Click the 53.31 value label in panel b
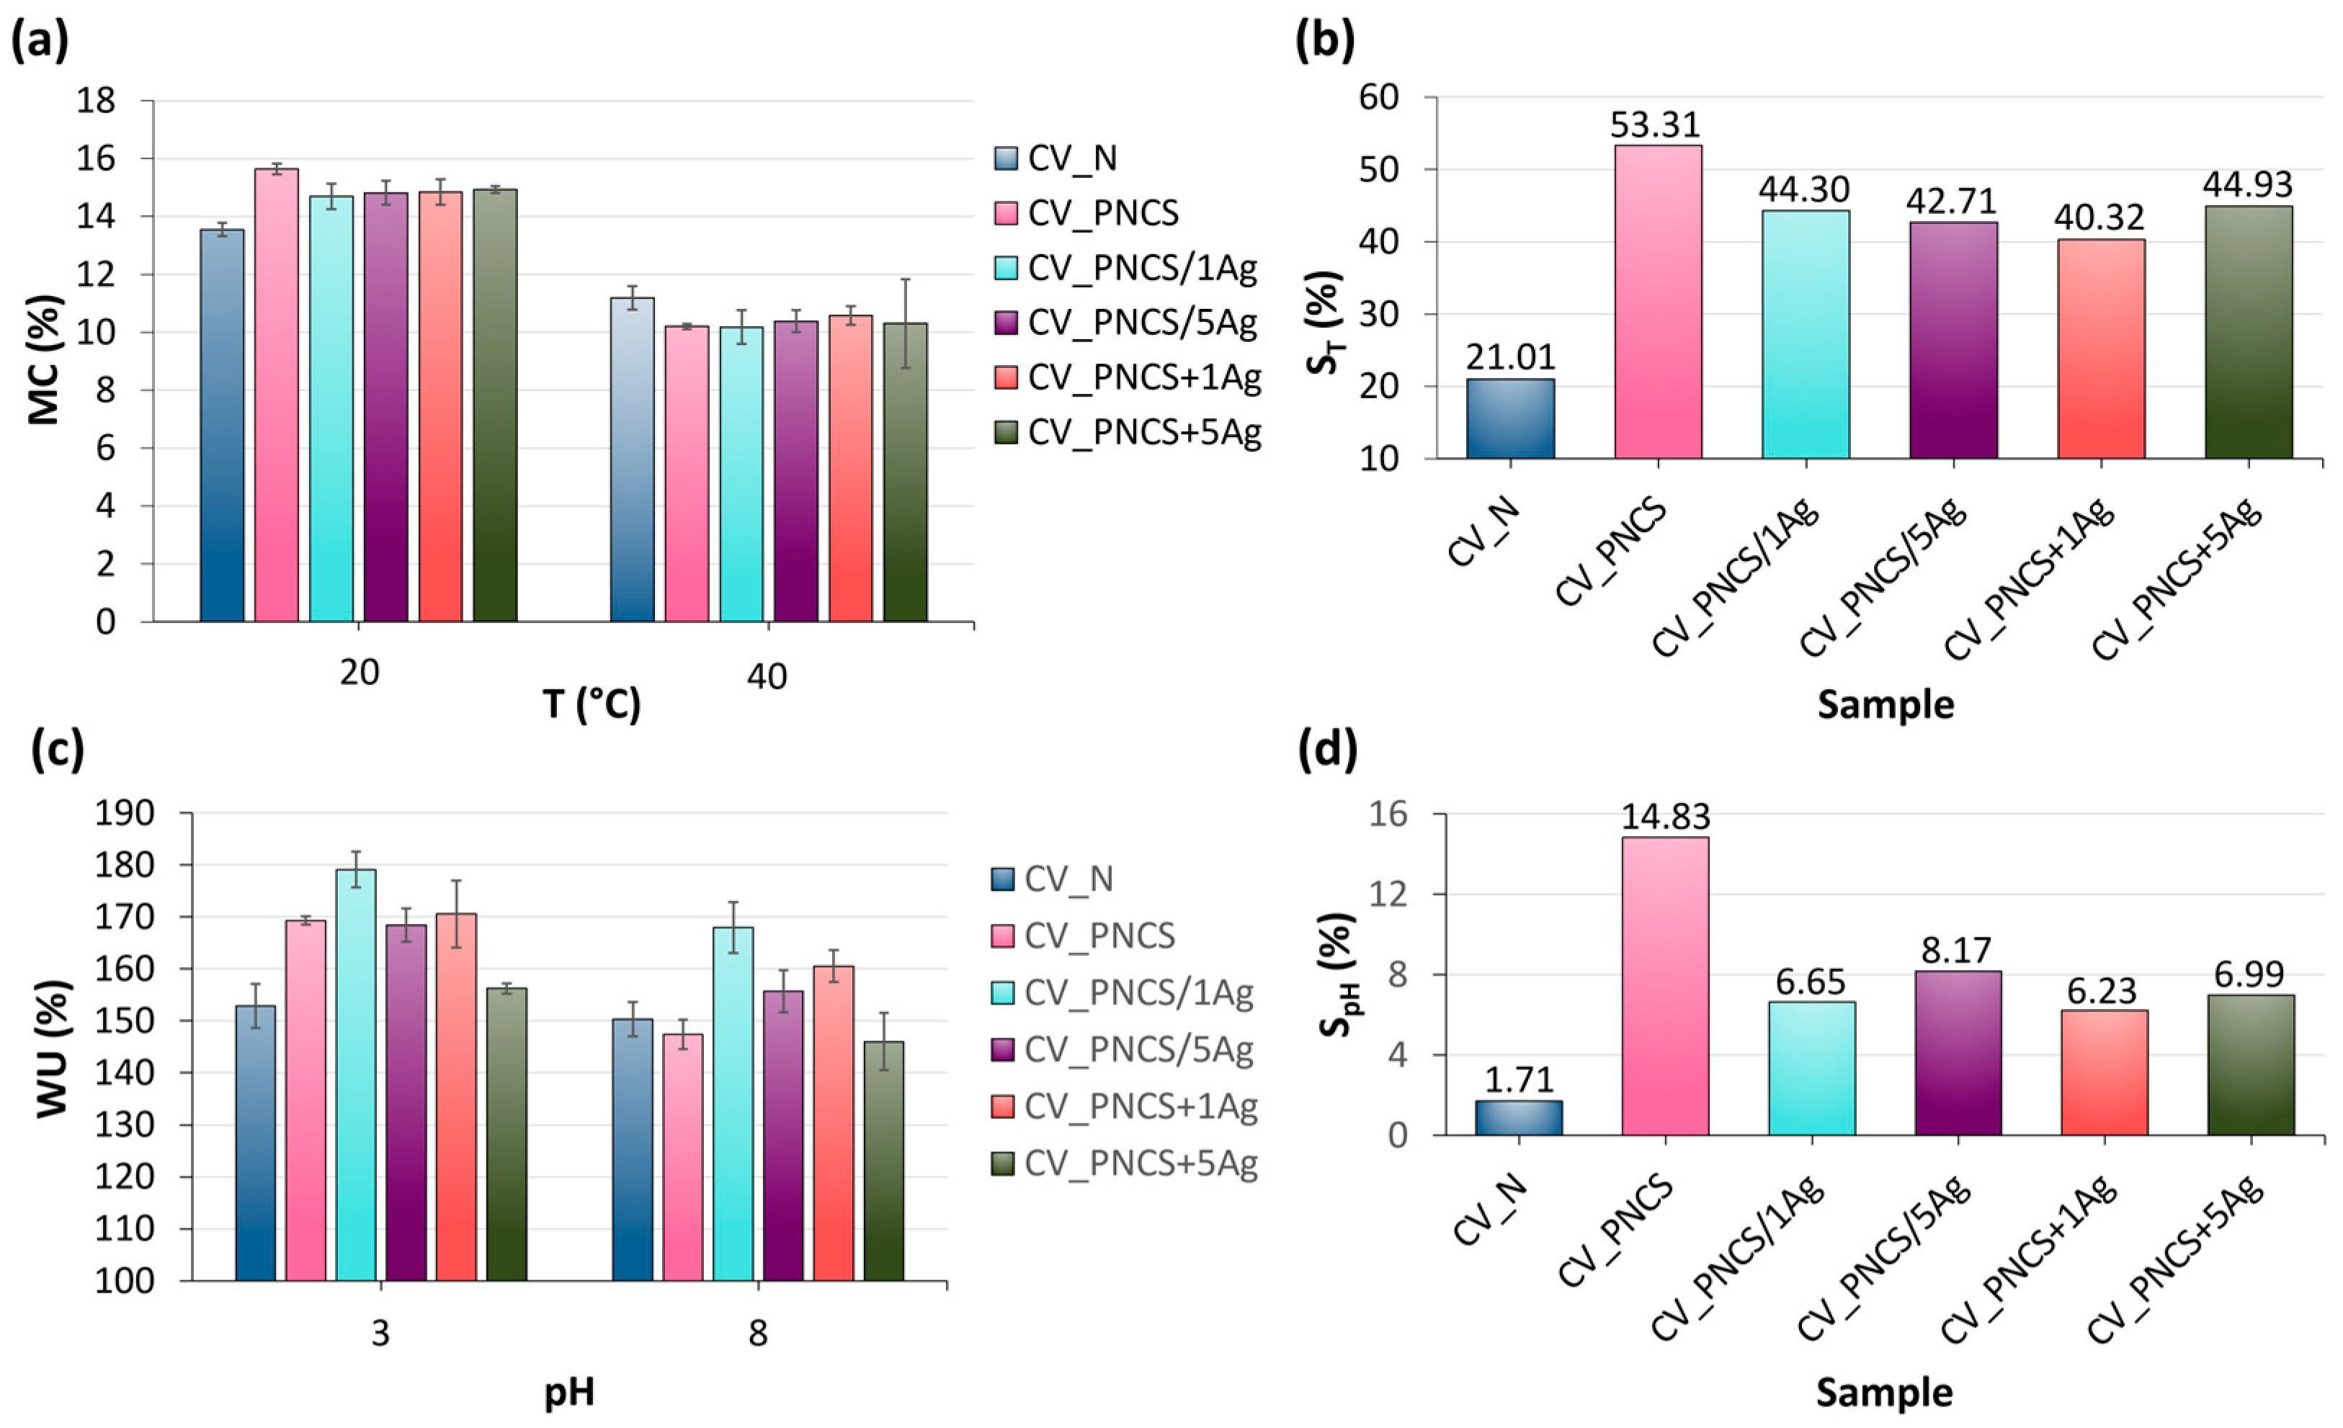click(1656, 125)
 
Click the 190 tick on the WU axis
click(124, 813)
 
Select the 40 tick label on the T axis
click(767, 676)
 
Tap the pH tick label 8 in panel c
click(757, 1334)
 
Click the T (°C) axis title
click(592, 704)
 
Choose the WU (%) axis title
click(53, 1047)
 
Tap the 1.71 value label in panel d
click(1519, 1080)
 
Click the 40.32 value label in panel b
click(2099, 217)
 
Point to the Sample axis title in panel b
click(1885, 704)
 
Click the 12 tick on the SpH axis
click(1391, 894)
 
